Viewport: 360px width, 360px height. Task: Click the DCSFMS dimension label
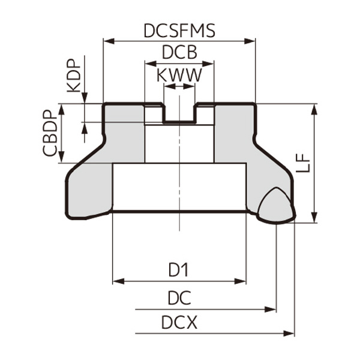click(x=179, y=31)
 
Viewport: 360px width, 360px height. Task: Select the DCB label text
click(x=179, y=53)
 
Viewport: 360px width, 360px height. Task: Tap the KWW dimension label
click(x=179, y=76)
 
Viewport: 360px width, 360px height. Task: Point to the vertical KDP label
click(x=73, y=76)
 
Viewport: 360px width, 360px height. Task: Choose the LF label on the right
click(x=304, y=162)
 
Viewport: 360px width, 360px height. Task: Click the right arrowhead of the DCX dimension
click(x=292, y=332)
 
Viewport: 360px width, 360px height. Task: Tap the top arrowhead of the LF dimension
click(x=314, y=107)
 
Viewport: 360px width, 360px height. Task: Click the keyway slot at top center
click(x=179, y=113)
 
